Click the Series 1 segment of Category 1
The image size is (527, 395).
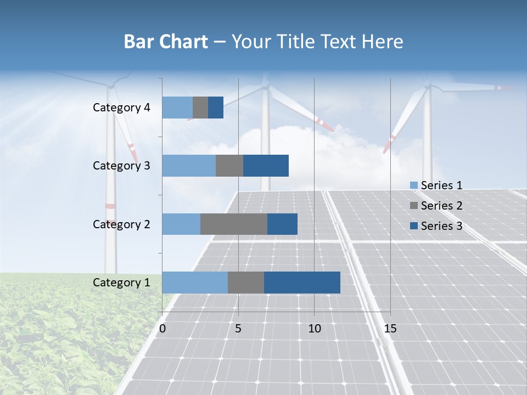[195, 283]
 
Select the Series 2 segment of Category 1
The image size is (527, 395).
[246, 283]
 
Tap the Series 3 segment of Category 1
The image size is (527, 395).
[302, 283]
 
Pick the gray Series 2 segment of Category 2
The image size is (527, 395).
[234, 224]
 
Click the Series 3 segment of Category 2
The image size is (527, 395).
[282, 224]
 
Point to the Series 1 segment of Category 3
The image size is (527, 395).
[189, 166]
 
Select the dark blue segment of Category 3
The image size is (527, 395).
[266, 166]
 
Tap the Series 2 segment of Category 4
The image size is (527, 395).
[200, 108]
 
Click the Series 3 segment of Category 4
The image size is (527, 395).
[216, 108]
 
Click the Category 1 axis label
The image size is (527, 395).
[121, 283]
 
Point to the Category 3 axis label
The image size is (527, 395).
[121, 166]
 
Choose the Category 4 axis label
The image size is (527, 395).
[121, 108]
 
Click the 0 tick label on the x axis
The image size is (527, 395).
[162, 329]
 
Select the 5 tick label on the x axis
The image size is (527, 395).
[238, 329]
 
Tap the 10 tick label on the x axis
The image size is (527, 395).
[314, 329]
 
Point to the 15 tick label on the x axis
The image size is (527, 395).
[390, 329]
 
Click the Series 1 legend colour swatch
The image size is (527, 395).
[413, 185]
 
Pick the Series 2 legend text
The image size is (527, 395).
[441, 206]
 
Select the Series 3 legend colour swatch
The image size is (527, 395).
[413, 226]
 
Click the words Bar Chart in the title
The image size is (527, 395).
[166, 42]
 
